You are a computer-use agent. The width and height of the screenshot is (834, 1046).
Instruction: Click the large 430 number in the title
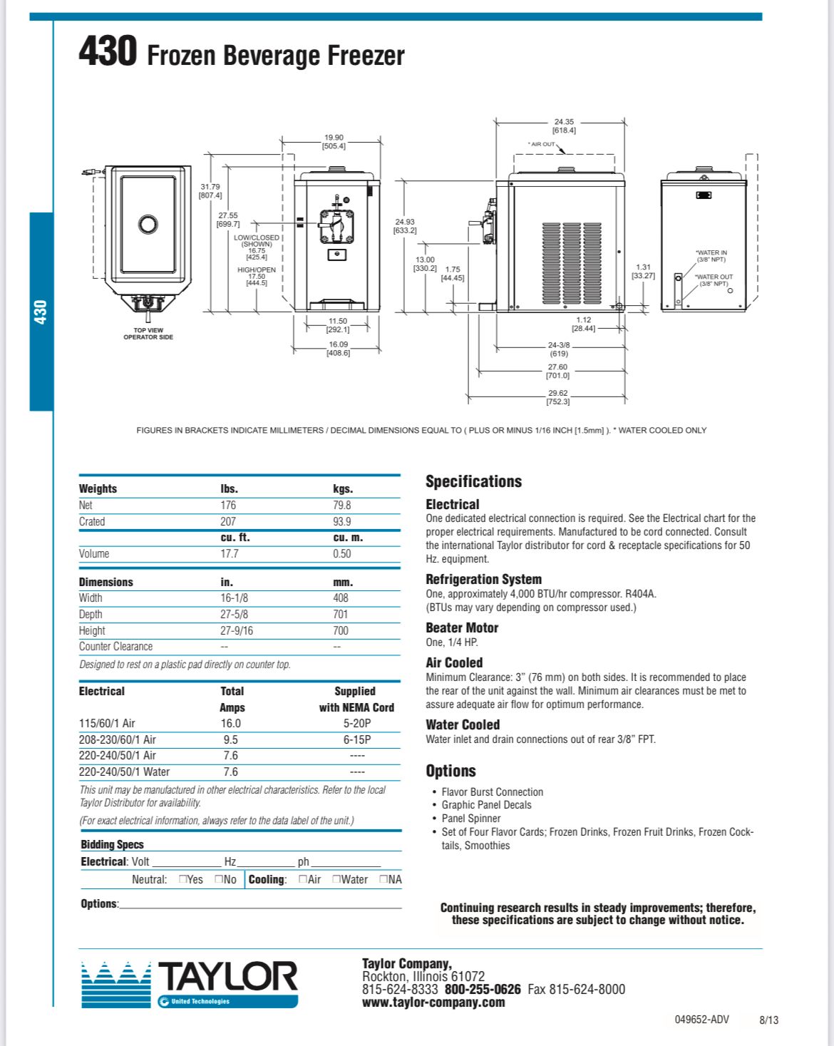[107, 51]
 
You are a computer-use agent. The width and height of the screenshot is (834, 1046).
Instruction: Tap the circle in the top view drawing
[148, 225]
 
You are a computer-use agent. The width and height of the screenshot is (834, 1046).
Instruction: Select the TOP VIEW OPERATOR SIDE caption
[148, 334]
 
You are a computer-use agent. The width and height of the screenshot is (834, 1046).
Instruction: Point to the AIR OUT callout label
[542, 144]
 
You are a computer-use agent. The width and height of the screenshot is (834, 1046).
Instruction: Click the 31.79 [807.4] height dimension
[210, 191]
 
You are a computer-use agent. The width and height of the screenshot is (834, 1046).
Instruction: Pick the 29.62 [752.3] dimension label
[558, 397]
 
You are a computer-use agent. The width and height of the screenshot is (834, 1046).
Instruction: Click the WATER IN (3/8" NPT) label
[711, 256]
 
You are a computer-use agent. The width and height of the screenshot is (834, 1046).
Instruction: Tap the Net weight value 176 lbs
[228, 506]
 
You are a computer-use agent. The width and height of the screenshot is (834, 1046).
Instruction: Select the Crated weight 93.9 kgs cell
[342, 522]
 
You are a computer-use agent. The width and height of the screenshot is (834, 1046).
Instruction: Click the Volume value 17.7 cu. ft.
[230, 554]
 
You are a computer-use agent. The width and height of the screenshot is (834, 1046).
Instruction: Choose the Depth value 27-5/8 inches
[234, 615]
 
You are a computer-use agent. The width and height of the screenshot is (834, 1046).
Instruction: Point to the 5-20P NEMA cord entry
[357, 724]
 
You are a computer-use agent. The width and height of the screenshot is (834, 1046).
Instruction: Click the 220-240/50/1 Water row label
[124, 772]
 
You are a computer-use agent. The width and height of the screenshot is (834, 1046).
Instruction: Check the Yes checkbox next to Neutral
[183, 880]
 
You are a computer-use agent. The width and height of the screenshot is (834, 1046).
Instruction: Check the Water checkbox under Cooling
[336, 880]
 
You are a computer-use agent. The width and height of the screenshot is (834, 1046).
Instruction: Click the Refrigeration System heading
[483, 580]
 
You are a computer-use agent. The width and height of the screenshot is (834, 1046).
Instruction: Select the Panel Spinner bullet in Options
[470, 819]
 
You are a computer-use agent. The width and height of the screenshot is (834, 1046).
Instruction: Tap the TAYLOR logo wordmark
[227, 978]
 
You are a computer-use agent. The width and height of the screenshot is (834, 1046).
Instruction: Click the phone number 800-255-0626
[483, 990]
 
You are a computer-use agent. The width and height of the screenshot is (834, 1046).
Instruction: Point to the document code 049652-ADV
[701, 1020]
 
